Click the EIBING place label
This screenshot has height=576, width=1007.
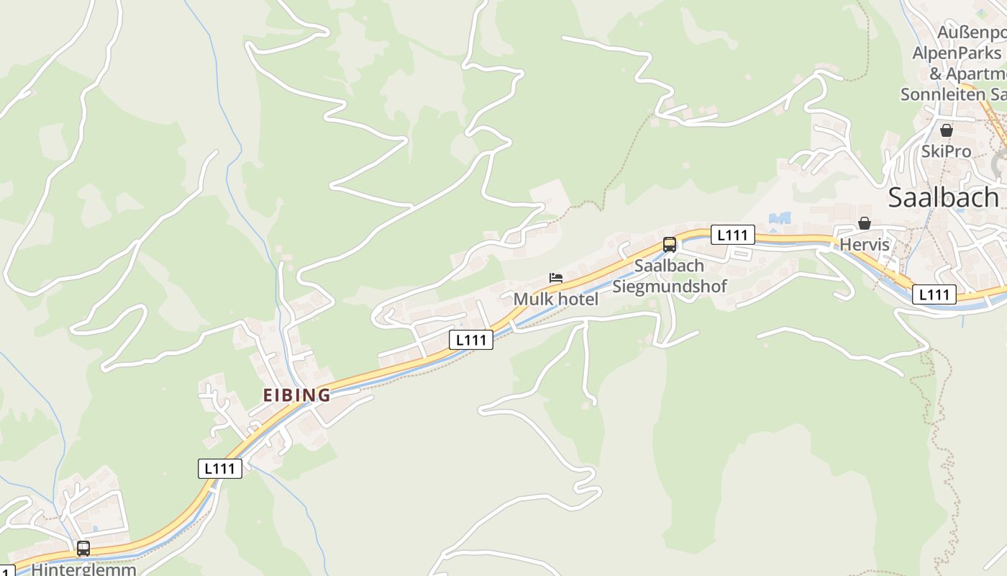296,395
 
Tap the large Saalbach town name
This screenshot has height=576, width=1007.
943,197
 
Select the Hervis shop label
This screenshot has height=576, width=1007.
865,245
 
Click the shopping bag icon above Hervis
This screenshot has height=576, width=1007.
865,224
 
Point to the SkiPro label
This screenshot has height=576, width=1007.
946,152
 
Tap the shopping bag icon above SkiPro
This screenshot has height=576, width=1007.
947,130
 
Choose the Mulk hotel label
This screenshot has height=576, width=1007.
555,299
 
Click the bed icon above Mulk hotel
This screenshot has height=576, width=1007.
555,278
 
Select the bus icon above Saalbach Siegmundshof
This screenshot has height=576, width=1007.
670,245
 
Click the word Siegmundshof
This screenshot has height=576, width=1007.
670,287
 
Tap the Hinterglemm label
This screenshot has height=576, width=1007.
84,569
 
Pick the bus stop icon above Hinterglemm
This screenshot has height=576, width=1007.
83,549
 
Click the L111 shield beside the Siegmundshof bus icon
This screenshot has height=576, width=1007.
733,234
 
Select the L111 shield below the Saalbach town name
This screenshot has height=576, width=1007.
934,294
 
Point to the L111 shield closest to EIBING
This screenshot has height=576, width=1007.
220,468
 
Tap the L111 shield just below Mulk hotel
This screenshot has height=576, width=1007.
471,340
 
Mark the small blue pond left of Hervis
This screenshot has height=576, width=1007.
780,217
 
